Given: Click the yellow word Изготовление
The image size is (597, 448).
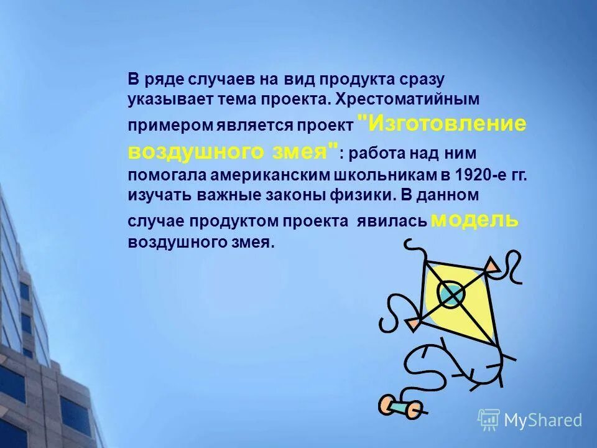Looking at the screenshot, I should pos(448,123).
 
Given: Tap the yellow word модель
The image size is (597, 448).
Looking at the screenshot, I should pos(474,220).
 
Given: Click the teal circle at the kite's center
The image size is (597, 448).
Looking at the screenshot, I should pos(451,293).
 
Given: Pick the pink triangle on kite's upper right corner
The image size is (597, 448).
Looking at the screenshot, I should pos(491,266).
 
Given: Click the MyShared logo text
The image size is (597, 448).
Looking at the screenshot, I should pos(543,420).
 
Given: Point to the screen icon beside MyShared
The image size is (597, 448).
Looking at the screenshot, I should pos(489,419).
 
